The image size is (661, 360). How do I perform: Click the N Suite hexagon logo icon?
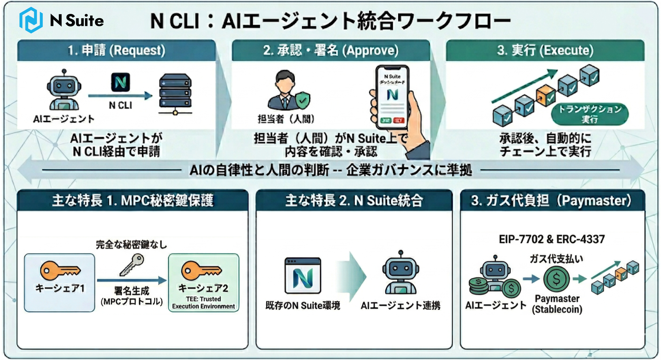[31, 20]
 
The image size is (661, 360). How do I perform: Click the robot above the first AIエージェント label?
[64, 90]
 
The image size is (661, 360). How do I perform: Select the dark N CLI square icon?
[120, 82]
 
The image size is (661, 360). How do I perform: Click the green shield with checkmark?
[303, 100]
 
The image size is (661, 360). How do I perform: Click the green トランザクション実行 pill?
[590, 114]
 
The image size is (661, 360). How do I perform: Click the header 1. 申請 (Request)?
[117, 50]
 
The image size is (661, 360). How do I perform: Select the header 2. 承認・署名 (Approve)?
[331, 50]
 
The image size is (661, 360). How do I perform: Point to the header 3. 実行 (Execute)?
[545, 50]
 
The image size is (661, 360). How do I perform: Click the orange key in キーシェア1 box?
[60, 270]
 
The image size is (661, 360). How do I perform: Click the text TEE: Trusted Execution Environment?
[203, 303]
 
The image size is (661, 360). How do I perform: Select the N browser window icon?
[303, 276]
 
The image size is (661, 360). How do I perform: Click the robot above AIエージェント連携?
[401, 273]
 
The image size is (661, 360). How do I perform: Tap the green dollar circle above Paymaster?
[556, 279]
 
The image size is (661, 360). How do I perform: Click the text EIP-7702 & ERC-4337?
[551, 239]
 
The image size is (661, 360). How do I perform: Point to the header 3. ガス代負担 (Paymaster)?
[551, 200]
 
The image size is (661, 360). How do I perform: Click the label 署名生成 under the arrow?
[132, 291]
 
